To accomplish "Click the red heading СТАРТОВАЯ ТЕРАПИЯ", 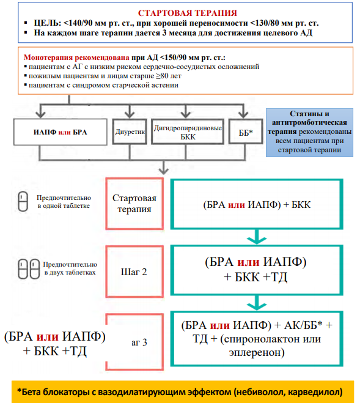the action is click(187, 13).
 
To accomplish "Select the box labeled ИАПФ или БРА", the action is click(61, 132).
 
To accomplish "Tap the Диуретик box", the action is click(130, 131).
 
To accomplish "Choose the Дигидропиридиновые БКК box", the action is click(188, 131).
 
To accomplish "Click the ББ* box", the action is click(246, 131).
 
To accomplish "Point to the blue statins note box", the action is click(309, 132).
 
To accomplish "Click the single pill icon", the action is click(23, 202).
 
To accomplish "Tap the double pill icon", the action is click(29, 269).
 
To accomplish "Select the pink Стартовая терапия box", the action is click(134, 204).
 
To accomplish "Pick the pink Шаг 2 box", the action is click(134, 272).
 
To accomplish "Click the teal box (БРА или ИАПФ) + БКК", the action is click(257, 204).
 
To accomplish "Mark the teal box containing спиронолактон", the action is click(257, 339).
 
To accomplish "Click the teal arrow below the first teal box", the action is click(257, 237).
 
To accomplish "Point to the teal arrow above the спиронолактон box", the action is click(257, 303).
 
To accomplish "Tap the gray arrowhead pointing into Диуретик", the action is click(130, 114).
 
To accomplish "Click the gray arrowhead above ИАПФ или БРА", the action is click(40, 114).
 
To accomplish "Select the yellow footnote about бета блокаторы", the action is click(183, 392).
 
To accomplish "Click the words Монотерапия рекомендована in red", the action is click(76, 57).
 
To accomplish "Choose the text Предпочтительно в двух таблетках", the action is click(70, 268).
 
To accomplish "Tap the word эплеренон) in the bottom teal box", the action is click(257, 352).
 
